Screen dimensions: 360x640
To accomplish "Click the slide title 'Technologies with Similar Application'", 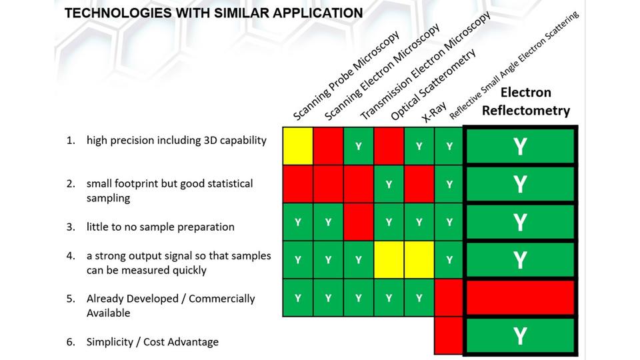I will [x=213, y=13].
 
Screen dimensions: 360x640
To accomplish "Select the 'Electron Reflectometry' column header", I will [x=525, y=101].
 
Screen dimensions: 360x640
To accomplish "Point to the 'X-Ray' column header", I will [x=434, y=115].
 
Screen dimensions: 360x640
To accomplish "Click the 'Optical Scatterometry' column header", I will [x=433, y=85].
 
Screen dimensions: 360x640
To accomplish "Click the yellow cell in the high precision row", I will [x=298, y=146].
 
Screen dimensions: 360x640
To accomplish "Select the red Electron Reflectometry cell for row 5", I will [x=520, y=298].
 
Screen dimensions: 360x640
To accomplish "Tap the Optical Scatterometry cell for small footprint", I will [x=389, y=184].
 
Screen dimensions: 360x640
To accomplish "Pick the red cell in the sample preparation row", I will [x=359, y=222].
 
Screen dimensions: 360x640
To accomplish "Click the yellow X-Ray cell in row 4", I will [x=419, y=260].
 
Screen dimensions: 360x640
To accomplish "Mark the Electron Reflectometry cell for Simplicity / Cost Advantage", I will [x=520, y=336].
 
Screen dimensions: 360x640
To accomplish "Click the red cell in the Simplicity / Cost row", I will [x=449, y=335].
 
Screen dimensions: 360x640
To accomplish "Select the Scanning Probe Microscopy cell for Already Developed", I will [x=298, y=298].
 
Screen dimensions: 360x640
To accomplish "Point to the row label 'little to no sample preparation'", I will [x=160, y=227].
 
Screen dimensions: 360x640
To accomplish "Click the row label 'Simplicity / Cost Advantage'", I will [x=152, y=342].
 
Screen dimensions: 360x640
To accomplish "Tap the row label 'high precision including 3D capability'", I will [x=176, y=141].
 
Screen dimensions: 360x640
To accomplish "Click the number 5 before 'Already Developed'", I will [x=70, y=299].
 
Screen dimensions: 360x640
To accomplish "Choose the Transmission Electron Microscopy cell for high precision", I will [x=359, y=146].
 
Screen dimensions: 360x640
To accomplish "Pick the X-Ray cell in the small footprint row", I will [x=419, y=184].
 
